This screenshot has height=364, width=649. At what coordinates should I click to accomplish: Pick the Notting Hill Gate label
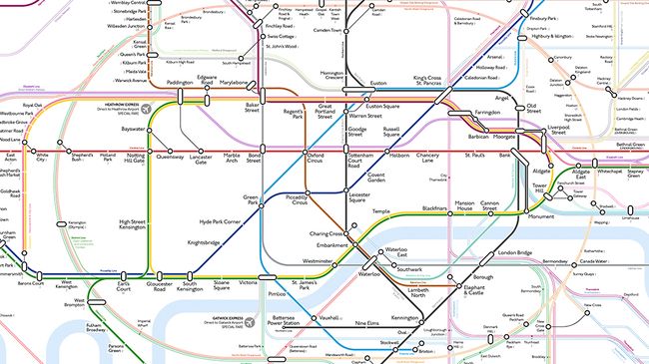134,160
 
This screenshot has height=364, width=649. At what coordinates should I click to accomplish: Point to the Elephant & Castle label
462,291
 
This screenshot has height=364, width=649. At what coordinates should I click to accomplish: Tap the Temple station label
380,211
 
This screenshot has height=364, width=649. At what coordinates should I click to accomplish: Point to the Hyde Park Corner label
220,220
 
